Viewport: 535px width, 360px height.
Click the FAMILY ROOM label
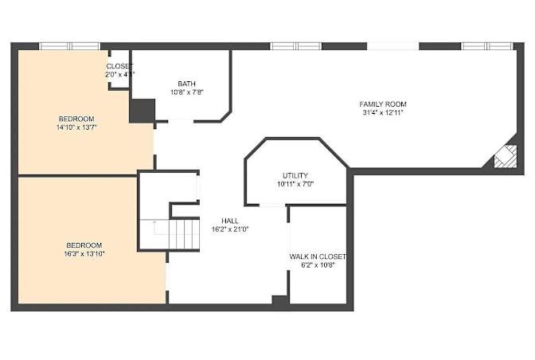click(x=383, y=104)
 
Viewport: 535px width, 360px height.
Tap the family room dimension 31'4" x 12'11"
click(x=383, y=112)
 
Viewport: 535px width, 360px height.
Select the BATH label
click(x=186, y=84)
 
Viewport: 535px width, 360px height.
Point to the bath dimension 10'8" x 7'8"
click(x=186, y=92)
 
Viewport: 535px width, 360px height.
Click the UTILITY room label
click(x=295, y=175)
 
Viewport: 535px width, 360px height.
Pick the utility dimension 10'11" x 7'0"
click(x=295, y=184)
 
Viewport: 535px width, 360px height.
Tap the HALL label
click(x=230, y=221)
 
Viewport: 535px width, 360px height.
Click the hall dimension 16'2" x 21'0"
click(x=230, y=229)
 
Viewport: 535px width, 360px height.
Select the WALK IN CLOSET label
click(x=318, y=256)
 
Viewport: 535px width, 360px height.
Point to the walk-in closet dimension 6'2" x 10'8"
click(x=318, y=265)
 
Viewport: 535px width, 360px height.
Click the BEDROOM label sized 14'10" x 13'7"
click(x=76, y=119)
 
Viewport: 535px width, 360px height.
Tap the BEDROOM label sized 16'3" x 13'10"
click(x=84, y=245)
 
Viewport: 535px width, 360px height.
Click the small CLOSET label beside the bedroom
click(x=119, y=66)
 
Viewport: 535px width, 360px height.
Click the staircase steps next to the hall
click(x=184, y=234)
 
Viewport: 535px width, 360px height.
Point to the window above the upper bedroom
click(x=69, y=46)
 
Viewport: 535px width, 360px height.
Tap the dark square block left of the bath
click(x=143, y=111)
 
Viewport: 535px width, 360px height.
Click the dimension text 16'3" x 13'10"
click(x=84, y=254)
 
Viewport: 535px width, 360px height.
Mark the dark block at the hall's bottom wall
click(x=280, y=300)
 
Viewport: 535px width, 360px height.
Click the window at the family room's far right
click(x=487, y=46)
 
